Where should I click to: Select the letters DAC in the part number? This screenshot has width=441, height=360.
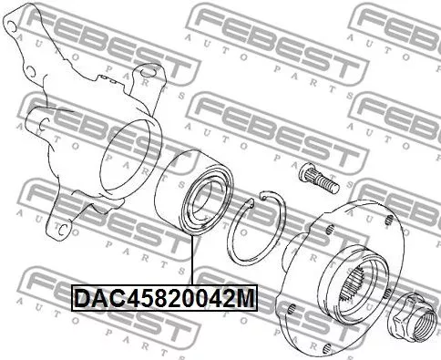point(92,297)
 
